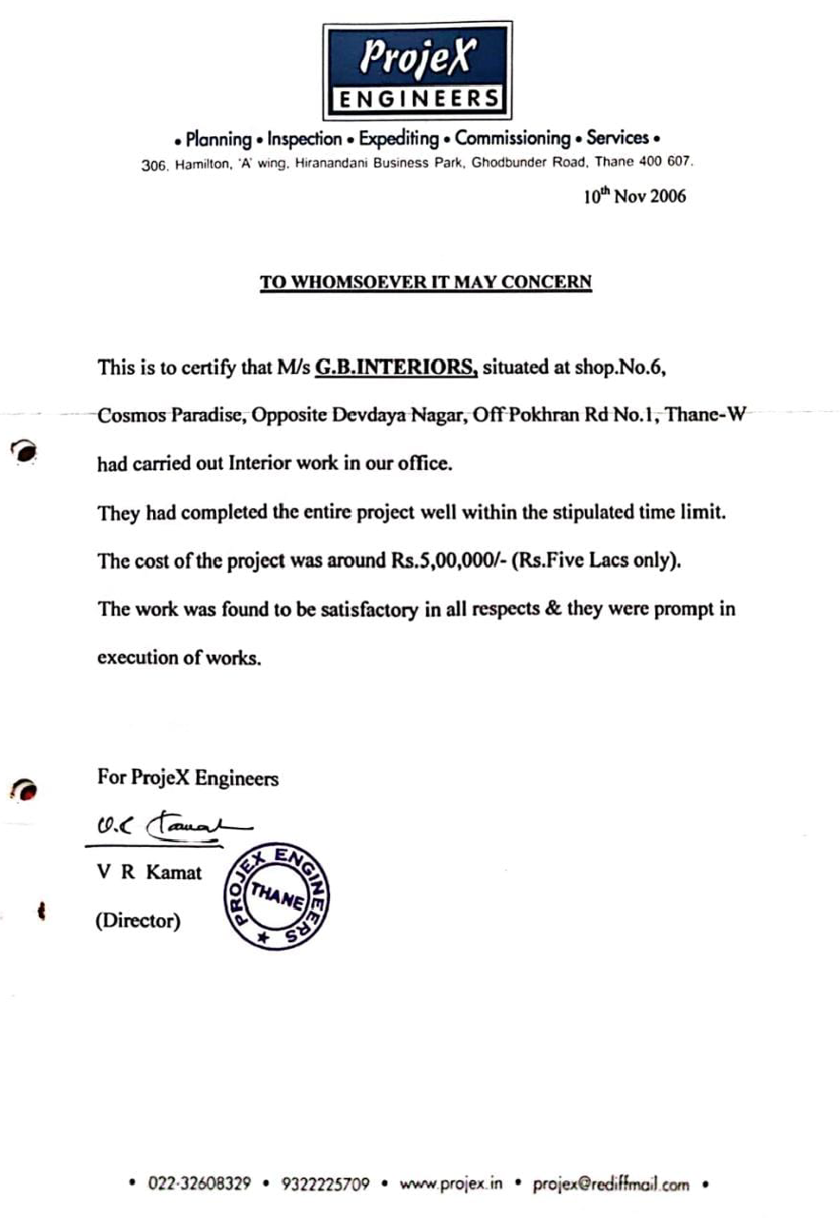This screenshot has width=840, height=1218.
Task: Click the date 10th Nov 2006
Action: click(x=634, y=197)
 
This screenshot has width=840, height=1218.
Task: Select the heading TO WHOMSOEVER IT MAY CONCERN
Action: click(x=426, y=282)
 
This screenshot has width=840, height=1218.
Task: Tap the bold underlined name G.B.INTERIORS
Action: click(x=396, y=367)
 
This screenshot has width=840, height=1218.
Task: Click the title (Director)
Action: click(x=139, y=921)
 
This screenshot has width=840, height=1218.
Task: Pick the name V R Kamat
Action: click(x=149, y=872)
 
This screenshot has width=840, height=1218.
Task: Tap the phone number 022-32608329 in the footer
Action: click(x=200, y=1185)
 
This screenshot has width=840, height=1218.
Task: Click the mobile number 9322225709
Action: click(x=326, y=1185)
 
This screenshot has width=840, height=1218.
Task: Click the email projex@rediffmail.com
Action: click(x=611, y=1185)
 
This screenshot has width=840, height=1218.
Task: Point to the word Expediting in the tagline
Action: click(x=399, y=139)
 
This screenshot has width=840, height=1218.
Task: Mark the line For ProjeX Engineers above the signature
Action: click(x=188, y=777)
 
